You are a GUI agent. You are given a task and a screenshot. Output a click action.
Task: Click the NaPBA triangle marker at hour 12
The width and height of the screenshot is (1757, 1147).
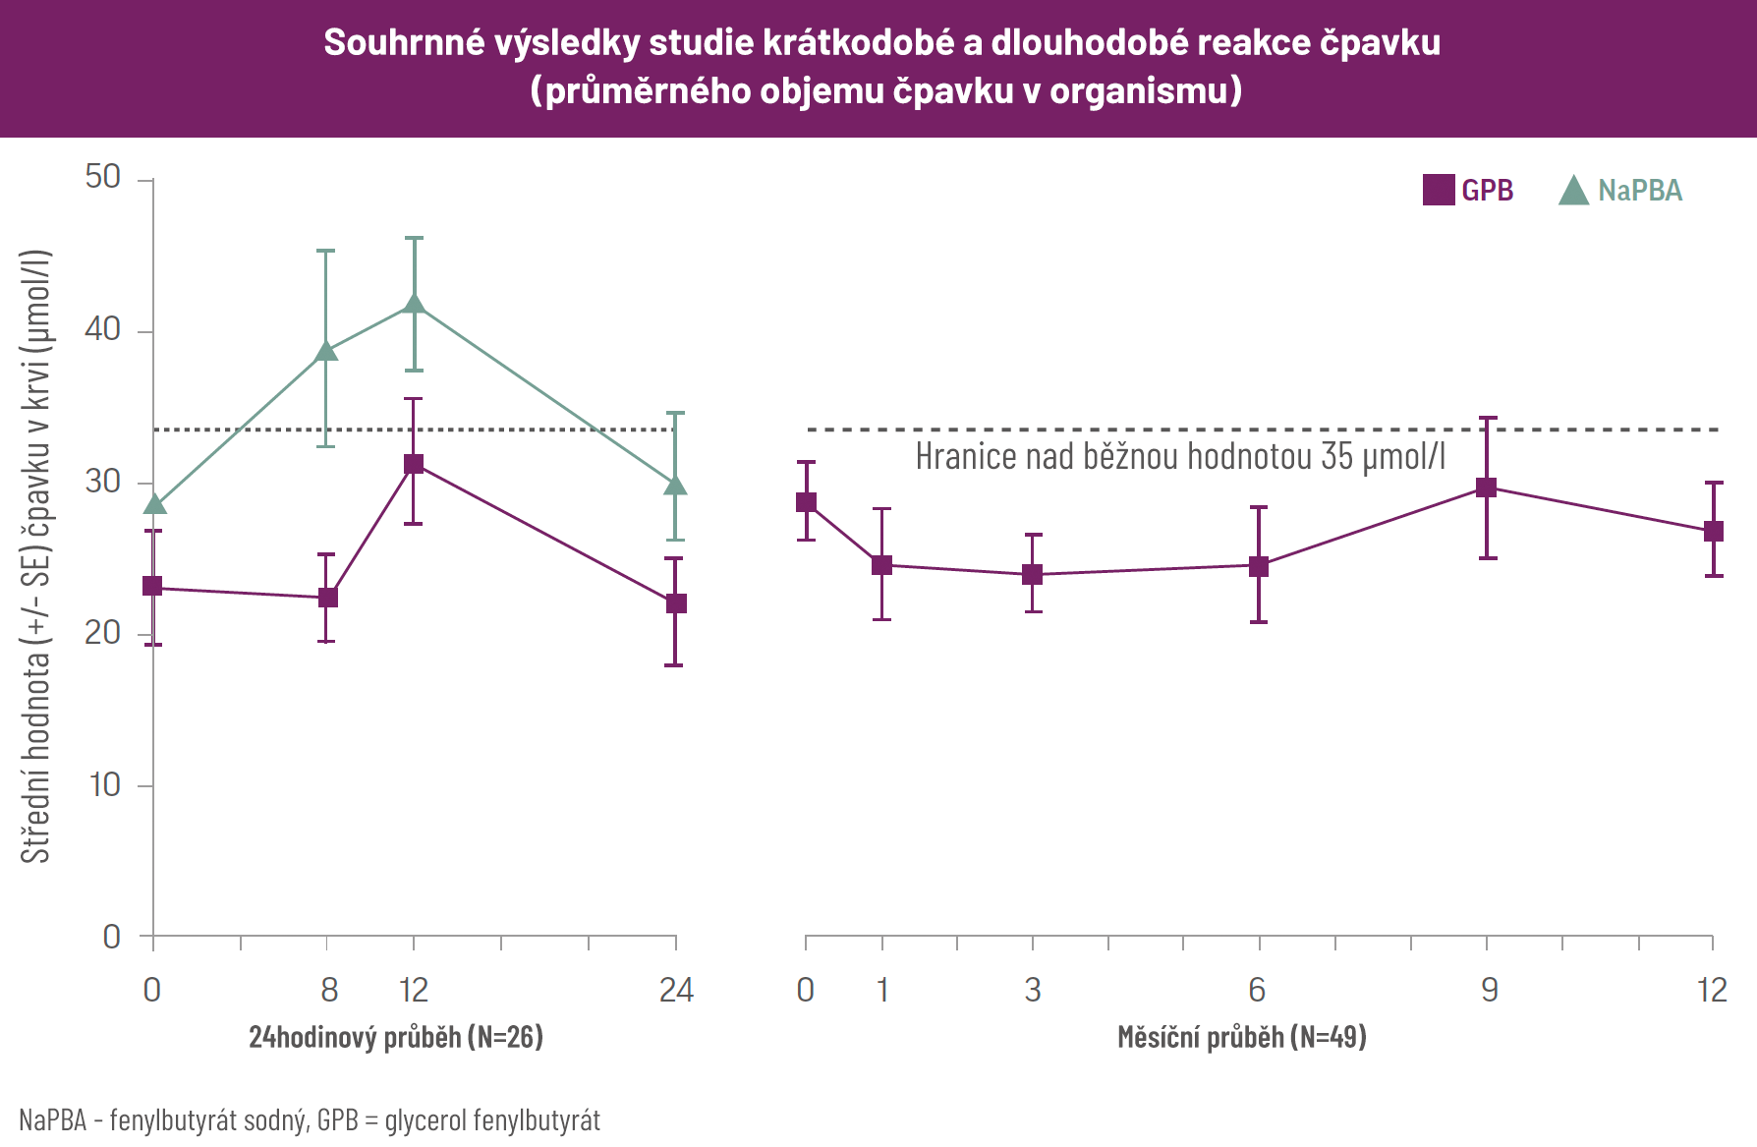pyautogui.click(x=414, y=304)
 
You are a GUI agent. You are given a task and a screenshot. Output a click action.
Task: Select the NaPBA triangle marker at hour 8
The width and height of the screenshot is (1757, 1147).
pyautogui.click(x=326, y=351)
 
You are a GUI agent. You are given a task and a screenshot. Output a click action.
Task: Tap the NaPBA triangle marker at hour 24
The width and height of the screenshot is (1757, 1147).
pyautogui.click(x=675, y=485)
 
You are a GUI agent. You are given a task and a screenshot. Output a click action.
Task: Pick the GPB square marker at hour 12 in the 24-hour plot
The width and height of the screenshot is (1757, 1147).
pyautogui.click(x=414, y=464)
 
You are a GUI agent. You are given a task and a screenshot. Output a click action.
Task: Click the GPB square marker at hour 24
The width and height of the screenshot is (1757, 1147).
pyautogui.click(x=675, y=603)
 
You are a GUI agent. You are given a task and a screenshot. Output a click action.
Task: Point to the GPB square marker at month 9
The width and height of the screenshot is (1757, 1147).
pyautogui.click(x=1487, y=487)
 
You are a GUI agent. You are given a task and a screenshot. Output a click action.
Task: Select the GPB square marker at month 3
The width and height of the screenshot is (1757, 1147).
pyautogui.click(x=1033, y=574)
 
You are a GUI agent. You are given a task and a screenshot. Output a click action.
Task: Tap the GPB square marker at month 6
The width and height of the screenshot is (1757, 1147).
pyautogui.click(x=1259, y=566)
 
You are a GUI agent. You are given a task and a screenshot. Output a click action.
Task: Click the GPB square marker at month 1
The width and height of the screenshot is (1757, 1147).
pyautogui.click(x=882, y=565)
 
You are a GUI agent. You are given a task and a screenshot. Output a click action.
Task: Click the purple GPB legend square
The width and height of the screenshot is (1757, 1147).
pyautogui.click(x=1439, y=190)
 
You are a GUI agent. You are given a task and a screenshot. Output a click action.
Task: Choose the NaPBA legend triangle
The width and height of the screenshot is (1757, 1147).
pyautogui.click(x=1573, y=191)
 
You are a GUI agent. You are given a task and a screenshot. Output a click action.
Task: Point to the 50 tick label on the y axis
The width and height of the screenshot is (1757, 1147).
pyautogui.click(x=103, y=178)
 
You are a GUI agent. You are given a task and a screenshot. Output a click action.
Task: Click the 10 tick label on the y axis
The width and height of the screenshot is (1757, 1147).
pyautogui.click(x=105, y=785)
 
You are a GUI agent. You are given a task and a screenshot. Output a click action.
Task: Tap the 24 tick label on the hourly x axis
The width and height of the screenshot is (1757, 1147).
pyautogui.click(x=676, y=990)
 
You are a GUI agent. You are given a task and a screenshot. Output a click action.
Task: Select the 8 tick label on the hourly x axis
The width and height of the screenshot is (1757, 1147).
pyautogui.click(x=329, y=990)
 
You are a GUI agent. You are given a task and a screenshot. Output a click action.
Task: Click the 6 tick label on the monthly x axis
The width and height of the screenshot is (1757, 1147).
pyautogui.click(x=1257, y=990)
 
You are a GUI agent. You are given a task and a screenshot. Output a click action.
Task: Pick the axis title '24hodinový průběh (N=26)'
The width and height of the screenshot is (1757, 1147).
pyautogui.click(x=396, y=1037)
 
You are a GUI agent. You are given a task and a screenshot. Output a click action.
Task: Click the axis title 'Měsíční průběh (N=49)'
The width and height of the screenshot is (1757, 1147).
pyautogui.click(x=1242, y=1037)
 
